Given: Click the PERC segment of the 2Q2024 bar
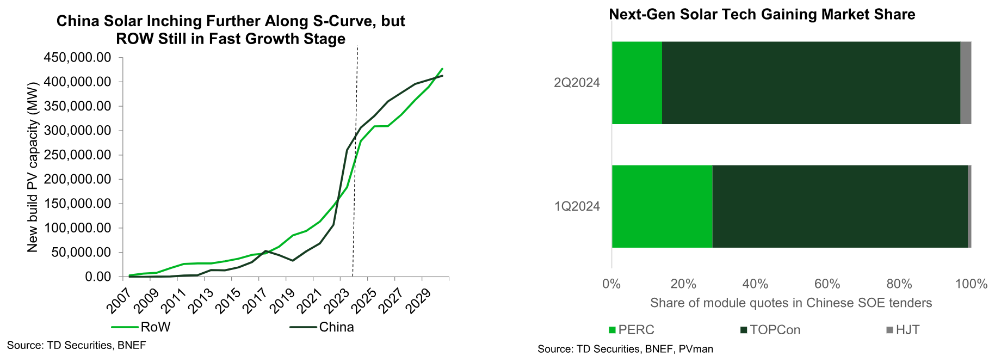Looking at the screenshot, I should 636,83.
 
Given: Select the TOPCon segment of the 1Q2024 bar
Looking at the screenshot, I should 839,206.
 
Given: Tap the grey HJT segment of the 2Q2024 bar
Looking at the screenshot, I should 966,83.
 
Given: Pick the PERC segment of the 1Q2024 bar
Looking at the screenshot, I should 662,206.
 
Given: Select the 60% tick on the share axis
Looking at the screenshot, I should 827,284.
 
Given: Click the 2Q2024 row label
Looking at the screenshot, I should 577,83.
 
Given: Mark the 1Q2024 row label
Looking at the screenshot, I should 577,206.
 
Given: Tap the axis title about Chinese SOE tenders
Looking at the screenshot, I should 791,303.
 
